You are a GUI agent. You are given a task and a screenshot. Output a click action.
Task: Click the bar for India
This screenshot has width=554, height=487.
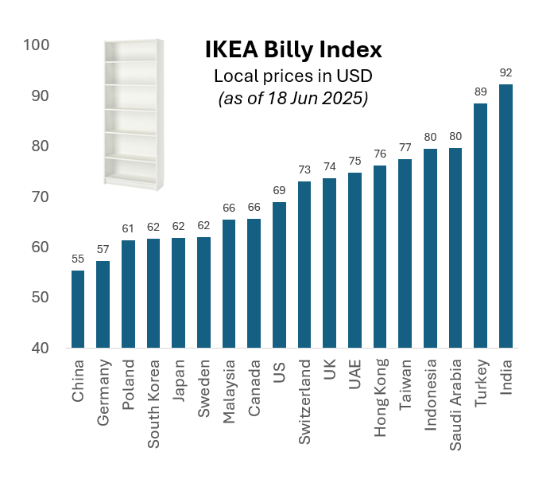click(506, 216)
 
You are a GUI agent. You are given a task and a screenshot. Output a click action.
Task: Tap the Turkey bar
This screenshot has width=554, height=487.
click(480, 225)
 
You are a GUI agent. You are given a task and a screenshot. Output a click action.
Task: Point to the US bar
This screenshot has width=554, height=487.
click(279, 275)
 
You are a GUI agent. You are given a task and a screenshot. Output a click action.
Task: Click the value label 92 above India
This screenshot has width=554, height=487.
click(506, 72)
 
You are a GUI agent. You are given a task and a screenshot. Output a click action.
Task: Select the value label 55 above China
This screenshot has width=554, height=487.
click(78, 259)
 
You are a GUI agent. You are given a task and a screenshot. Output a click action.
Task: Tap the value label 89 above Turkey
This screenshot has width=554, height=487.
click(480, 92)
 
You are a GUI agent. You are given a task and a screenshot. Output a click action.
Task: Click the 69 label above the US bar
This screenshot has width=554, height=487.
click(279, 191)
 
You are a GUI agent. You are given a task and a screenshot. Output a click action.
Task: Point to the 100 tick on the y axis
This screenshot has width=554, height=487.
click(37, 45)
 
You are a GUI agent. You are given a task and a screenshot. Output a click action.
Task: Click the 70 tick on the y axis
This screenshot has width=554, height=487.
click(41, 197)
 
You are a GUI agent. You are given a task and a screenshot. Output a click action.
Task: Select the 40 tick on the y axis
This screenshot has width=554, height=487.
click(41, 348)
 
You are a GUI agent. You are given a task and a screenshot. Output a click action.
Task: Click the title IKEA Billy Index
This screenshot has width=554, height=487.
click(293, 50)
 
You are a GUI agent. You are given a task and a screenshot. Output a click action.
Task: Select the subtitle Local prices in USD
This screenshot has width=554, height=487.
click(293, 76)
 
